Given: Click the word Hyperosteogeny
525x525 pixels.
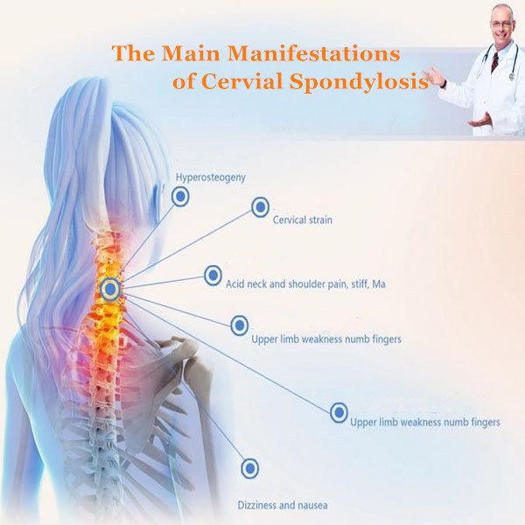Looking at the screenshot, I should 210,178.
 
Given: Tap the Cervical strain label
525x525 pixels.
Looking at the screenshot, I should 303,220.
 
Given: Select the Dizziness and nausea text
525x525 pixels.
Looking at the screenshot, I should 283,505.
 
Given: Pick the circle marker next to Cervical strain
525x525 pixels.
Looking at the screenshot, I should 260,207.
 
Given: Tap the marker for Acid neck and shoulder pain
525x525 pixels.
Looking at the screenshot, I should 213,276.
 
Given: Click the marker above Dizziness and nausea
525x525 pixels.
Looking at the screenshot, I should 249,468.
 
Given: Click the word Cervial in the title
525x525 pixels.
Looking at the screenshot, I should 274,82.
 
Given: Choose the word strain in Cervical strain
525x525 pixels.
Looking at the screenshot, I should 318,220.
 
